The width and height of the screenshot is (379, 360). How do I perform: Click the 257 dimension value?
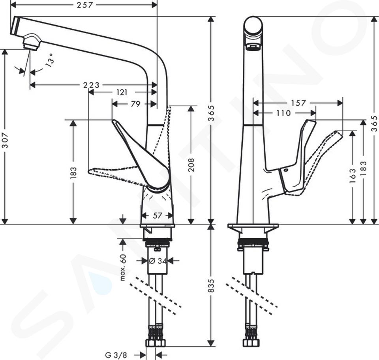(85, 5)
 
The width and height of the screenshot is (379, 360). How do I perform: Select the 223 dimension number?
(91, 85)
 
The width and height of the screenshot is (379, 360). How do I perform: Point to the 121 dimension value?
(122, 92)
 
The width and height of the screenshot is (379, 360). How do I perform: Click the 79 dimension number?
(135, 104)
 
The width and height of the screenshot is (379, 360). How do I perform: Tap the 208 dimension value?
(191, 165)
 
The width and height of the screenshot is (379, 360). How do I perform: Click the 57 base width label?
(157, 216)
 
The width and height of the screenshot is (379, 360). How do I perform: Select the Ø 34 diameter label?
(158, 261)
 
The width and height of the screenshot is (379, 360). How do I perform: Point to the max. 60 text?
(123, 267)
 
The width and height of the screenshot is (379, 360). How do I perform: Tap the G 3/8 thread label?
(116, 355)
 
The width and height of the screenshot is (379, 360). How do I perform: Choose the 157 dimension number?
(298, 103)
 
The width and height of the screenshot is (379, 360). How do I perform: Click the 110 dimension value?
(283, 113)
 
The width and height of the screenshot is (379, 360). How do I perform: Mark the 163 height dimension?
(353, 175)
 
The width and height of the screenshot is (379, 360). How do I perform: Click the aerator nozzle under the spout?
(31, 43)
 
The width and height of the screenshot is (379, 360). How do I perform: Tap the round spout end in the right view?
(253, 26)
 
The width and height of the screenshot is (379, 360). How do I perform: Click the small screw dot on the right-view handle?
(287, 170)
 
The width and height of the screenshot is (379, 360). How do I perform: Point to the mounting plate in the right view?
(253, 226)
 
